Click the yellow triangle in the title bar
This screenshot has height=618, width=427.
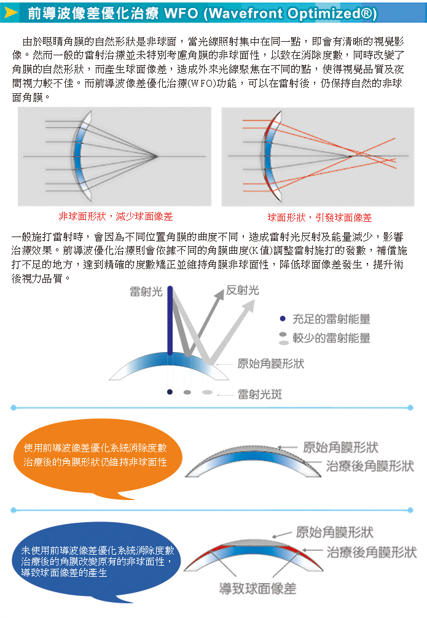point(10,13)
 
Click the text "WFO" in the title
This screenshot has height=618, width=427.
point(181,14)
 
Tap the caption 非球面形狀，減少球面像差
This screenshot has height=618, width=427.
point(116,216)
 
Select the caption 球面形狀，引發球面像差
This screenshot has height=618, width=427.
point(319,217)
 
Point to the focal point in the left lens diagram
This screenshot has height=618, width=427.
point(156,157)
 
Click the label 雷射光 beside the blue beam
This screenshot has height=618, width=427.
point(146,292)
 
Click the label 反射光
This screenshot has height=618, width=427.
point(243,291)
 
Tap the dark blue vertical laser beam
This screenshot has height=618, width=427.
point(170,320)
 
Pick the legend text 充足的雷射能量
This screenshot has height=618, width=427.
point(331,319)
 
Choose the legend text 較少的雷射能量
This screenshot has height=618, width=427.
point(331,338)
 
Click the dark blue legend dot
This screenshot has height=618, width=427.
point(282,318)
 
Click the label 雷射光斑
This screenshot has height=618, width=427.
point(260,394)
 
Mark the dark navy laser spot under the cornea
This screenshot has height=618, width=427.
point(170,392)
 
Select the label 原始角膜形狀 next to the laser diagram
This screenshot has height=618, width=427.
point(270,364)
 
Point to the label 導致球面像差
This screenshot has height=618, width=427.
point(257,589)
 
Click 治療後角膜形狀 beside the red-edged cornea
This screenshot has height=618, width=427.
point(372,552)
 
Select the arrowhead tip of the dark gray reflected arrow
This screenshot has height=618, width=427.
point(224,290)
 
